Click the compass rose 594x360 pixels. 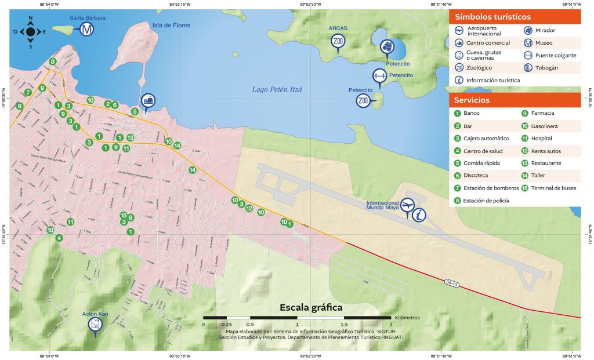[x=30, y=32]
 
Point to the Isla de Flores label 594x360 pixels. [x=171, y=25]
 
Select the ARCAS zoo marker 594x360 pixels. [x=338, y=42]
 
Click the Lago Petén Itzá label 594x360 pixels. [x=278, y=89]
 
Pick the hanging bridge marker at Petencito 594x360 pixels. [x=379, y=76]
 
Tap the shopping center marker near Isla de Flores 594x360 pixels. [x=149, y=101]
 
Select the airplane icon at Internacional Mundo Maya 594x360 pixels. [x=407, y=206]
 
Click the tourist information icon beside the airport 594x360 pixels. [x=419, y=214]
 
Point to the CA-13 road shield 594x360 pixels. [x=452, y=282]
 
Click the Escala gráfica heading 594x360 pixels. [x=311, y=307]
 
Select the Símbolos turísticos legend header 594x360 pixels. [x=493, y=17]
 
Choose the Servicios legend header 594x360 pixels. [x=472, y=100]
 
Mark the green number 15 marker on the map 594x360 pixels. [x=123, y=215]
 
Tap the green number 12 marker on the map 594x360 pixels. [x=249, y=208]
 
